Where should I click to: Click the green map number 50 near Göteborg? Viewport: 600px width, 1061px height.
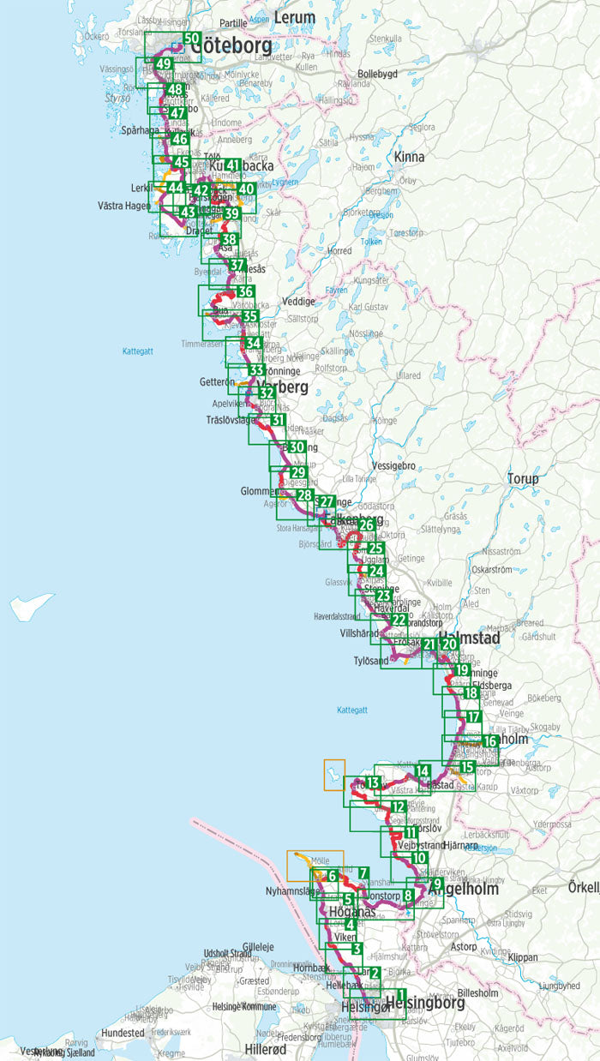coord(192,39)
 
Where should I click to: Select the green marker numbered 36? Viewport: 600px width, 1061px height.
coord(245,292)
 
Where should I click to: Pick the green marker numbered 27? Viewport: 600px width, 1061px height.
coord(325,502)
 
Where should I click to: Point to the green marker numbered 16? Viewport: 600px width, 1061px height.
coord(490,741)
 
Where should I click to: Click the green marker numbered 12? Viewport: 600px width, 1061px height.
coord(398,808)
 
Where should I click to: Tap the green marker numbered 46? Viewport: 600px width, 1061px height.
coord(179,140)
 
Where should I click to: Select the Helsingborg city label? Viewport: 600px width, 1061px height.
coord(425,1003)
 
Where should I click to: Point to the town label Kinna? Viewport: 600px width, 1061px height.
coord(410,157)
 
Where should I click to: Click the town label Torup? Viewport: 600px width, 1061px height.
coord(523,478)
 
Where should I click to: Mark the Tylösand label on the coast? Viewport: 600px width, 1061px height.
coord(372,662)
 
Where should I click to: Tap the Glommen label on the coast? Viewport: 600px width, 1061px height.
coord(258,491)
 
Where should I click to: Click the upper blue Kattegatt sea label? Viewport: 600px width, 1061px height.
coord(137,351)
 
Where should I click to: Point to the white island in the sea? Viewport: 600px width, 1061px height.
coord(31,607)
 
